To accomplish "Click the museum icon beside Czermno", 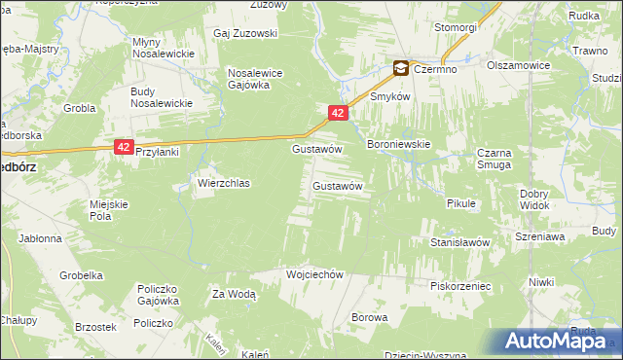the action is [400, 68].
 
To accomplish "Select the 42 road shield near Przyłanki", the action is [123, 146].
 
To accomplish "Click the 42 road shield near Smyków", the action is [337, 114].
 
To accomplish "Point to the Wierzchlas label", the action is [224, 183].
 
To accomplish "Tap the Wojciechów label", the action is [315, 274].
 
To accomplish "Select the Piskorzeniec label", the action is [460, 286].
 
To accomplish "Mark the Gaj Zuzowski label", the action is [245, 33].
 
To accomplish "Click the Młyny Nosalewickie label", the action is [158, 48].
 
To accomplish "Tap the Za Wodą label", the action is [234, 293].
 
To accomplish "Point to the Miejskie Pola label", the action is [109, 209].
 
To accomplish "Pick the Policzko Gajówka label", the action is [162, 295].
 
